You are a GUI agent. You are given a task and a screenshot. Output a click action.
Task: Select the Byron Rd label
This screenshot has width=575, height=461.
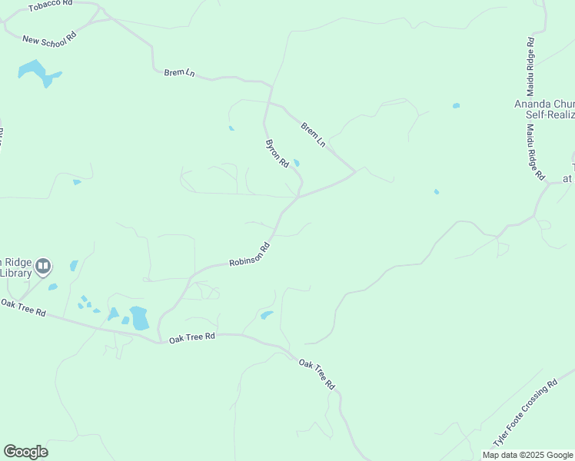[x=277, y=153]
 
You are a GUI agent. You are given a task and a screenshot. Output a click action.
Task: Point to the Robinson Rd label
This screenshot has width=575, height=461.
[x=251, y=255]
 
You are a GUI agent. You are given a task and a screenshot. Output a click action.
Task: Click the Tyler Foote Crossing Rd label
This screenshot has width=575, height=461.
[x=525, y=414]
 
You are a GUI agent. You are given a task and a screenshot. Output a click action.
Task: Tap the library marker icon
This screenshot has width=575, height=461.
[x=43, y=266]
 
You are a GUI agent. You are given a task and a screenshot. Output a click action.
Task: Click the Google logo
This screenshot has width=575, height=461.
[x=25, y=451]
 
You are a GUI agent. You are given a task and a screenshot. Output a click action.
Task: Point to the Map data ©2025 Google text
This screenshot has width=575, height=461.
[x=527, y=455]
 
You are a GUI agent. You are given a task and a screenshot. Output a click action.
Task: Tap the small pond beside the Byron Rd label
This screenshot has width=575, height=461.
[x=297, y=162]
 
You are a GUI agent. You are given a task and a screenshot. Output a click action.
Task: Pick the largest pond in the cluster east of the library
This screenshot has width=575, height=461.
[x=139, y=317]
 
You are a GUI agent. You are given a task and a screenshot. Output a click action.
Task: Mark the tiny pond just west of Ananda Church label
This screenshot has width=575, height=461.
[x=456, y=105]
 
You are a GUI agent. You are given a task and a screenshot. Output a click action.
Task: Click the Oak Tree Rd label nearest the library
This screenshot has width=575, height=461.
[x=23, y=309]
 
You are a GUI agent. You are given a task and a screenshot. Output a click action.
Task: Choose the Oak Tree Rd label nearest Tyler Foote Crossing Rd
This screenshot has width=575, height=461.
[x=317, y=373]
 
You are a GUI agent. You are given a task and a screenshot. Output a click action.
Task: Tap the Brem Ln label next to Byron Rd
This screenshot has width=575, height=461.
[x=314, y=134]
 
